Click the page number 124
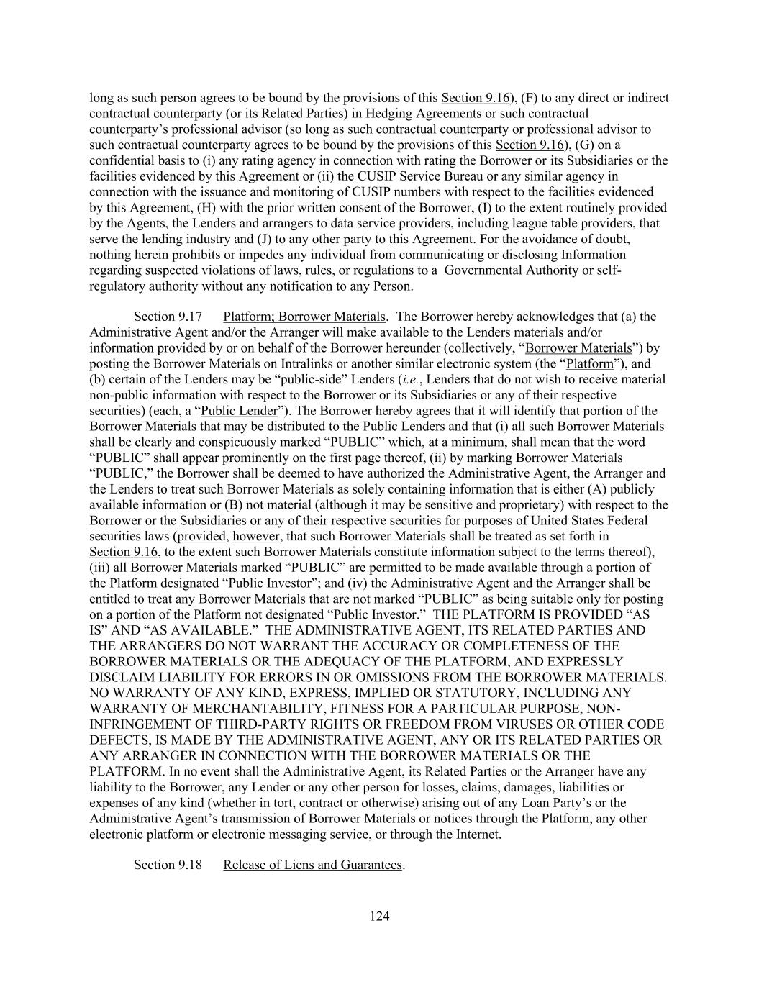pyautogui.click(x=379, y=916)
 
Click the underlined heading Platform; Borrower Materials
pyautogui.click(x=304, y=317)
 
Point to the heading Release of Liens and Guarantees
pyautogui.click(x=312, y=865)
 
